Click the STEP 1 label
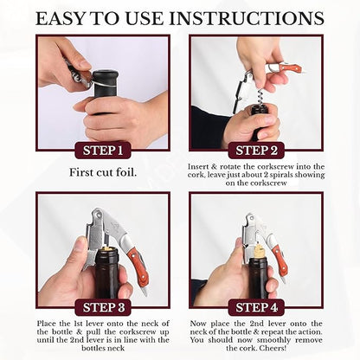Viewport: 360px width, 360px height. coord(103,151)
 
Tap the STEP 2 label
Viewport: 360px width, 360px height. coord(256,151)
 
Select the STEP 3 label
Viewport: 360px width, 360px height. coord(104,307)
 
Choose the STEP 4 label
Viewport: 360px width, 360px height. coord(256,307)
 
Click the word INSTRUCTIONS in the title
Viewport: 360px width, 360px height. coord(247,18)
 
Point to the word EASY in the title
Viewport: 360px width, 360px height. coord(61,18)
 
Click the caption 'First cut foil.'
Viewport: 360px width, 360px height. coord(103,172)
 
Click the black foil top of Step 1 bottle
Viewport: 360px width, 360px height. coord(106,77)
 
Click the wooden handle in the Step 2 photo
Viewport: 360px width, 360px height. coord(290,68)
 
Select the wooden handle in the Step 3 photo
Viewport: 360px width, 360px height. coord(138,266)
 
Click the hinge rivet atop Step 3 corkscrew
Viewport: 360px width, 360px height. coord(100,214)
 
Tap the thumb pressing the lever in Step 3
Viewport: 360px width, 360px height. coord(80,254)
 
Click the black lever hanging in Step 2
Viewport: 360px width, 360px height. coord(238,95)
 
